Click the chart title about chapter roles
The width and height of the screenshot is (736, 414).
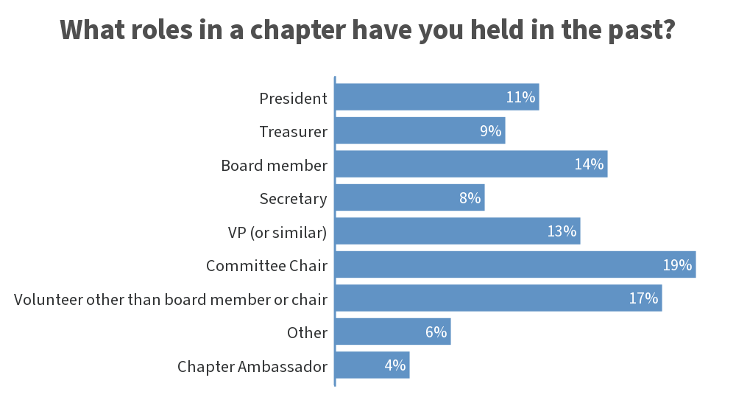tap(367, 31)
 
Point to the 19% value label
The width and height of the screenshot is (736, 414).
tap(677, 265)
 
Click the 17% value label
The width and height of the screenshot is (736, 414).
tap(643, 298)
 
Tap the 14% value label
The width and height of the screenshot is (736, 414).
tap(589, 164)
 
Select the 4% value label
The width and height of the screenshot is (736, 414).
tap(395, 365)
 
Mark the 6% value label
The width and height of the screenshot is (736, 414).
tap(436, 332)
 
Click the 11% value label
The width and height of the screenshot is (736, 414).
tap(520, 97)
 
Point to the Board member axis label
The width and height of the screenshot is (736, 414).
tap(274, 165)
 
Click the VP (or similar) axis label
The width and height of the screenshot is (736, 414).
tap(277, 232)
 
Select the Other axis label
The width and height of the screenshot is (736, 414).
tap(307, 332)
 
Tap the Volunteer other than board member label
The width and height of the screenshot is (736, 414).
tap(171, 299)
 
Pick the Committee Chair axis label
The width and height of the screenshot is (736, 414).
tap(266, 265)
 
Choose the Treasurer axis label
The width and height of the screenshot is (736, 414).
tap(293, 131)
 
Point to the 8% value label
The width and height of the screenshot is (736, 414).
tap(470, 198)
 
